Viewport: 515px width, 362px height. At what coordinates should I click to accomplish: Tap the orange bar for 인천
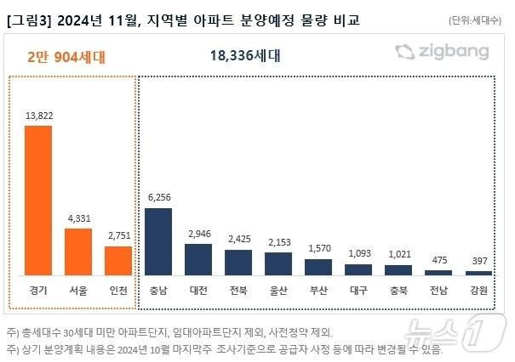tap(118, 260)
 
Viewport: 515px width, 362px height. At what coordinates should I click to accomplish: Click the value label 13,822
tap(38, 115)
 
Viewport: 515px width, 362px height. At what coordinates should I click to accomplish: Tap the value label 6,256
tap(158, 197)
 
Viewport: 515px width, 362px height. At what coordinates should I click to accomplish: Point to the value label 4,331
tap(78, 218)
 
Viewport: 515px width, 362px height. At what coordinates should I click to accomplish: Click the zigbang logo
tap(442, 53)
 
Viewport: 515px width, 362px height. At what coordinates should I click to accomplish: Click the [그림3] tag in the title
tap(26, 18)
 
